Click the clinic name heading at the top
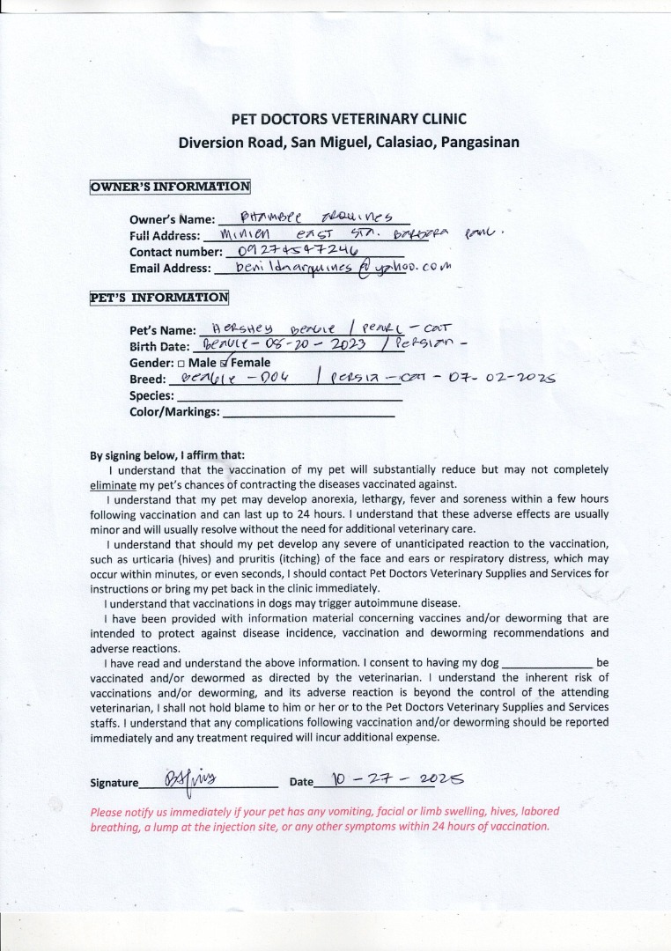348,119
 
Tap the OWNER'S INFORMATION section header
170,186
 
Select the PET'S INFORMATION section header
159,297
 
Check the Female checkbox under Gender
224,362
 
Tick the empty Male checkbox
181,363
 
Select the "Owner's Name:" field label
172,220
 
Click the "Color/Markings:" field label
174,411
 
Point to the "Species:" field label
151,395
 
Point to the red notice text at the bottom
325,819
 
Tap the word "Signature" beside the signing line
114,783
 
